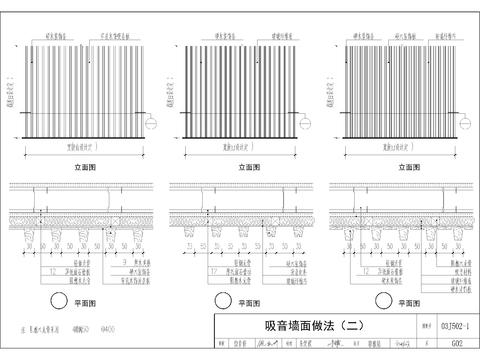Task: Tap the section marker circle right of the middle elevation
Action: [x=308, y=124]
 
